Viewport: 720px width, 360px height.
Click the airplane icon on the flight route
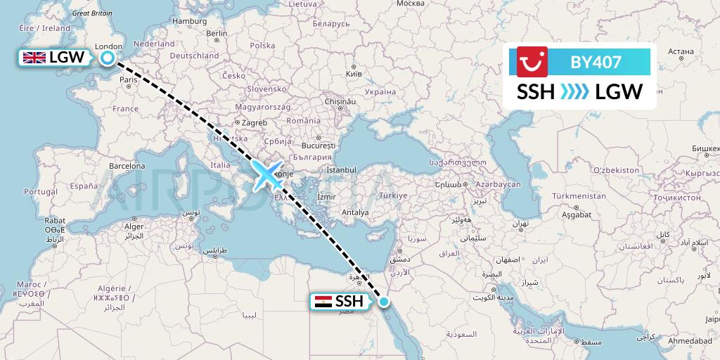pyautogui.click(x=266, y=176)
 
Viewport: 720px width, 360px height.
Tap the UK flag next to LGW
pyautogui.click(x=34, y=58)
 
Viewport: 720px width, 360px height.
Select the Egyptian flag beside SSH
pyautogui.click(x=323, y=302)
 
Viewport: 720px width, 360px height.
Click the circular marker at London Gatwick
pyautogui.click(x=108, y=58)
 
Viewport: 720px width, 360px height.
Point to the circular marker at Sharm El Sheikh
pyautogui.click(x=384, y=302)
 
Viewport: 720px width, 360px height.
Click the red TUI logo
pyautogui.click(x=532, y=62)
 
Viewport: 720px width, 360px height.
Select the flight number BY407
pyautogui.click(x=596, y=62)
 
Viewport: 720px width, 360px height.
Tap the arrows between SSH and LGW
pyautogui.click(x=575, y=91)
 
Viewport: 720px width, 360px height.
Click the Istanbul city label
pyautogui.click(x=342, y=170)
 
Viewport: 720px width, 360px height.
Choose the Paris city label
pyautogui.click(x=128, y=80)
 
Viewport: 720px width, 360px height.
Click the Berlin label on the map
pyautogui.click(x=217, y=33)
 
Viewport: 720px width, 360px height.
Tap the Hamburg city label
pyautogui.click(x=189, y=21)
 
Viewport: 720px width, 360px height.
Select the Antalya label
pyautogui.click(x=354, y=212)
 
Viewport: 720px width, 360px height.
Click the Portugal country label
pyautogui.click(x=40, y=191)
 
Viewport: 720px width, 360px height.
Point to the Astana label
pyautogui.click(x=681, y=51)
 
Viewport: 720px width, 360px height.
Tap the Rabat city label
pyautogui.click(x=55, y=220)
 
